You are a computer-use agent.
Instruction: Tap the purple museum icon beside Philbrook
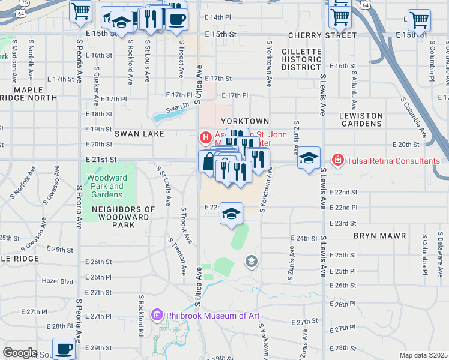pyautogui.click(x=157, y=314)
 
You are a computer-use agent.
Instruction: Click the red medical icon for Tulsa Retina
pyautogui.click(x=338, y=160)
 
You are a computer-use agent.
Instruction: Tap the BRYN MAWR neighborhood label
pyautogui.click(x=380, y=236)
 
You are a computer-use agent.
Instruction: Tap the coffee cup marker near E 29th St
pyautogui.click(x=64, y=348)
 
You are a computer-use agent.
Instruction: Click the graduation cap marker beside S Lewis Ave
pyautogui.click(x=309, y=158)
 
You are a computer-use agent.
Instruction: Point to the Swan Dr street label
pyautogui.click(x=177, y=107)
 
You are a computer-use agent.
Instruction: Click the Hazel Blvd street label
pyautogui.click(x=57, y=281)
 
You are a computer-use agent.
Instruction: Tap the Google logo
pyautogui.click(x=20, y=353)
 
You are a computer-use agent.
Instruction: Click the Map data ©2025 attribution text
pyautogui.click(x=423, y=355)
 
